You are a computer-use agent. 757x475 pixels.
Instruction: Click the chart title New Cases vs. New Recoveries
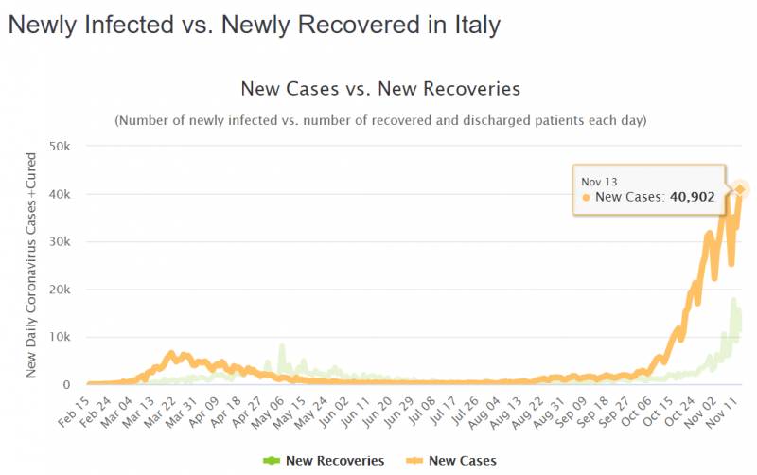tap(381, 90)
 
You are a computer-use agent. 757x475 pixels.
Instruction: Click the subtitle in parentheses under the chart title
tap(380, 121)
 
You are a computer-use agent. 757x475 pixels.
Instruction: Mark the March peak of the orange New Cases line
tap(171, 355)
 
